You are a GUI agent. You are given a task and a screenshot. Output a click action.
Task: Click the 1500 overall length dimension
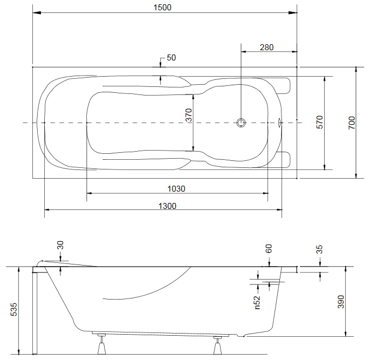(162, 8)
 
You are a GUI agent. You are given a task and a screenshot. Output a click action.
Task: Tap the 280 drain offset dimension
(266, 47)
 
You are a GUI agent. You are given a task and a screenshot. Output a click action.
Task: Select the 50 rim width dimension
(171, 58)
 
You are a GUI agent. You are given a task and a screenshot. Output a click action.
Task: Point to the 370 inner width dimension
(189, 115)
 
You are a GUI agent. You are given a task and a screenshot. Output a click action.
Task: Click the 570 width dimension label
(320, 122)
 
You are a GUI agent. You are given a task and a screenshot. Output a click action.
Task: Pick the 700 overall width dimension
(352, 123)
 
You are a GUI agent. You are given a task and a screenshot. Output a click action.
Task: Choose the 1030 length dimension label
(176, 189)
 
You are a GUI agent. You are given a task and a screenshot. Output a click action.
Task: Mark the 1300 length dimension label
(167, 206)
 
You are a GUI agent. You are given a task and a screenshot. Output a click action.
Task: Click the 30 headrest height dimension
(60, 245)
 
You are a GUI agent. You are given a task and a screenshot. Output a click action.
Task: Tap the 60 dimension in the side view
(269, 248)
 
